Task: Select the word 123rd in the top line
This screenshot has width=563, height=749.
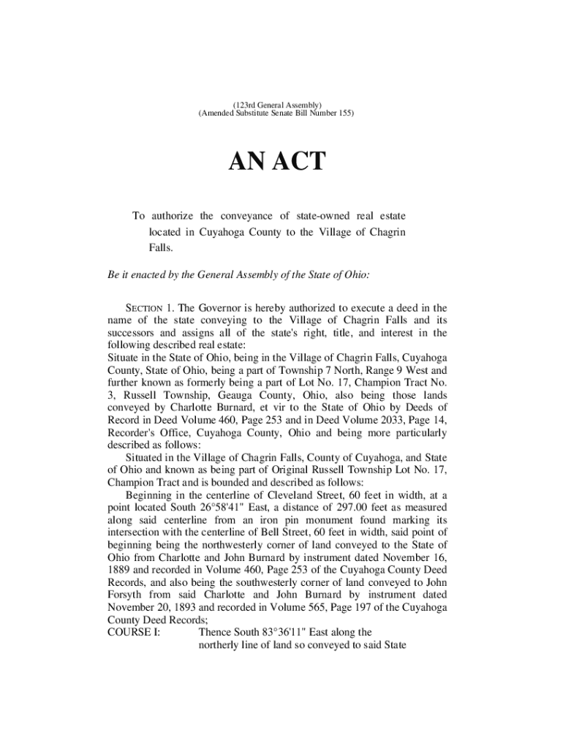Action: (x=246, y=105)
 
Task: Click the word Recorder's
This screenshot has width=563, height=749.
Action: (x=134, y=432)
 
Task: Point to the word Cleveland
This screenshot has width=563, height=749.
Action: (x=281, y=494)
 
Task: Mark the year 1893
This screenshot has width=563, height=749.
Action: (x=196, y=606)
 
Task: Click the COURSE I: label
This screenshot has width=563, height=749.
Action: (x=134, y=631)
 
